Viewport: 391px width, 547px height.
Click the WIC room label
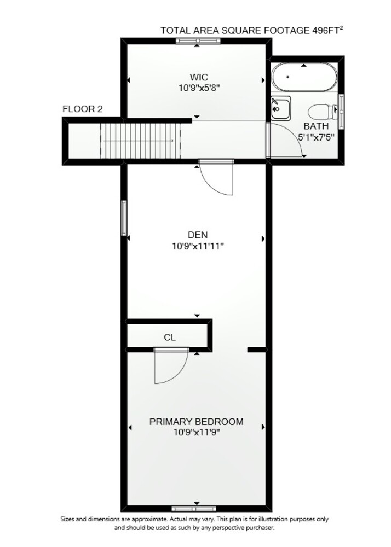(199, 77)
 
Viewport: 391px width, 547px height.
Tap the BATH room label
(316, 126)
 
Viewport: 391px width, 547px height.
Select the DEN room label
(198, 235)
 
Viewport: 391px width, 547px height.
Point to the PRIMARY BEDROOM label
(197, 422)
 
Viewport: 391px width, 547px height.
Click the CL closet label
(170, 337)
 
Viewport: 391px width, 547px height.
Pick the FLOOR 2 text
(83, 109)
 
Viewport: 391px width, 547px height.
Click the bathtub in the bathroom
(304, 77)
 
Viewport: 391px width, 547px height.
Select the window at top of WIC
(198, 41)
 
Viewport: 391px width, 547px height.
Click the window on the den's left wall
(124, 218)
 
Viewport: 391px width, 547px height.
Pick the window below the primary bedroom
(194, 508)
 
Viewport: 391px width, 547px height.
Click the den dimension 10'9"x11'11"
(198, 247)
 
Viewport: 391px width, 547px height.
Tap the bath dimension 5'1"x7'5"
(316, 137)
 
